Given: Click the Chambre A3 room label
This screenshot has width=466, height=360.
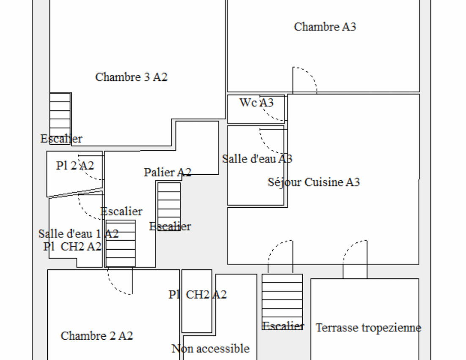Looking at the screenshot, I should tap(325, 27).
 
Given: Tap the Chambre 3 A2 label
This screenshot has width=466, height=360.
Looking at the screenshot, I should tap(131, 77).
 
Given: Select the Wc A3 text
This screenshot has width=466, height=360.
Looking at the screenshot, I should tap(256, 102).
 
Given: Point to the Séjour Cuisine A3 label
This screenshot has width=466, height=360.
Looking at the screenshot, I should tap(314, 182).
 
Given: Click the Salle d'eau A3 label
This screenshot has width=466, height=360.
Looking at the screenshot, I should tap(257, 159).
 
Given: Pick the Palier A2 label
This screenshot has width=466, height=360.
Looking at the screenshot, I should tap(167, 172).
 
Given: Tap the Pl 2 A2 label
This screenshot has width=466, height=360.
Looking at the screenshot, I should tap(75, 166).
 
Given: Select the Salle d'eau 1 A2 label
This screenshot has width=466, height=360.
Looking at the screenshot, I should tap(78, 234).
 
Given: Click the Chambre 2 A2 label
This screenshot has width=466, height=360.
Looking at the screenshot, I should tap(97, 336).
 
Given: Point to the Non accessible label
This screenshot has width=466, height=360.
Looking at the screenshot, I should tap(211, 349).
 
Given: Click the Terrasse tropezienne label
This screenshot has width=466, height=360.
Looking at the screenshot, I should tap(368, 328).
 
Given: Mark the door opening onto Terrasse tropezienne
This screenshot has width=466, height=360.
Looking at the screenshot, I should tap(354, 256).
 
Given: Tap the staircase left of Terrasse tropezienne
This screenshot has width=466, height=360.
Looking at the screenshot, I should tap(282, 300).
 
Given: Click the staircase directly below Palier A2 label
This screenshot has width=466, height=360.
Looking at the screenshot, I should tap(169, 206).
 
